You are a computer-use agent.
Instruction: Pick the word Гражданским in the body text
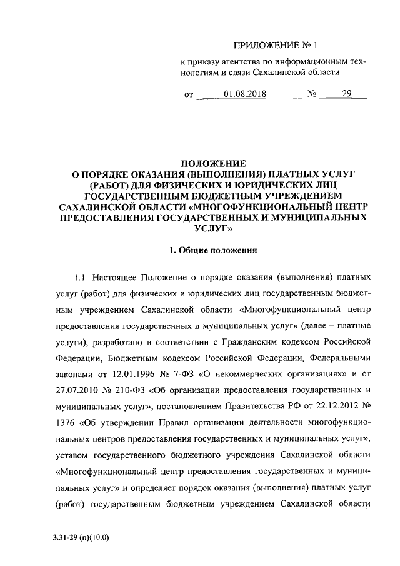point(260,341)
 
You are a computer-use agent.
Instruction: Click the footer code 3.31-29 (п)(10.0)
point(85,537)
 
